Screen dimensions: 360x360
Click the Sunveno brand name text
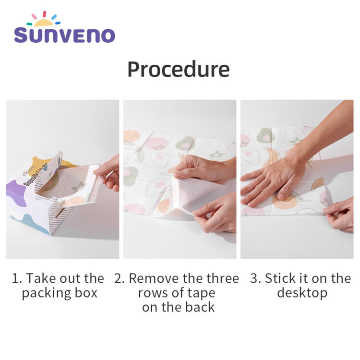64,35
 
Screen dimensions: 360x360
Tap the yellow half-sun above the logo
43,23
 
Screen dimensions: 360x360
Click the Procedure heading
179,70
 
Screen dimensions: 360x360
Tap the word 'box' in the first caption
86,293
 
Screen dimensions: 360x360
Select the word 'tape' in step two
201,293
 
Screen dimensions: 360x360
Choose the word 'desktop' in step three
302,293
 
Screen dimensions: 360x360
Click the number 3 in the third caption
254,278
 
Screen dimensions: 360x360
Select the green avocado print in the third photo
265,135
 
